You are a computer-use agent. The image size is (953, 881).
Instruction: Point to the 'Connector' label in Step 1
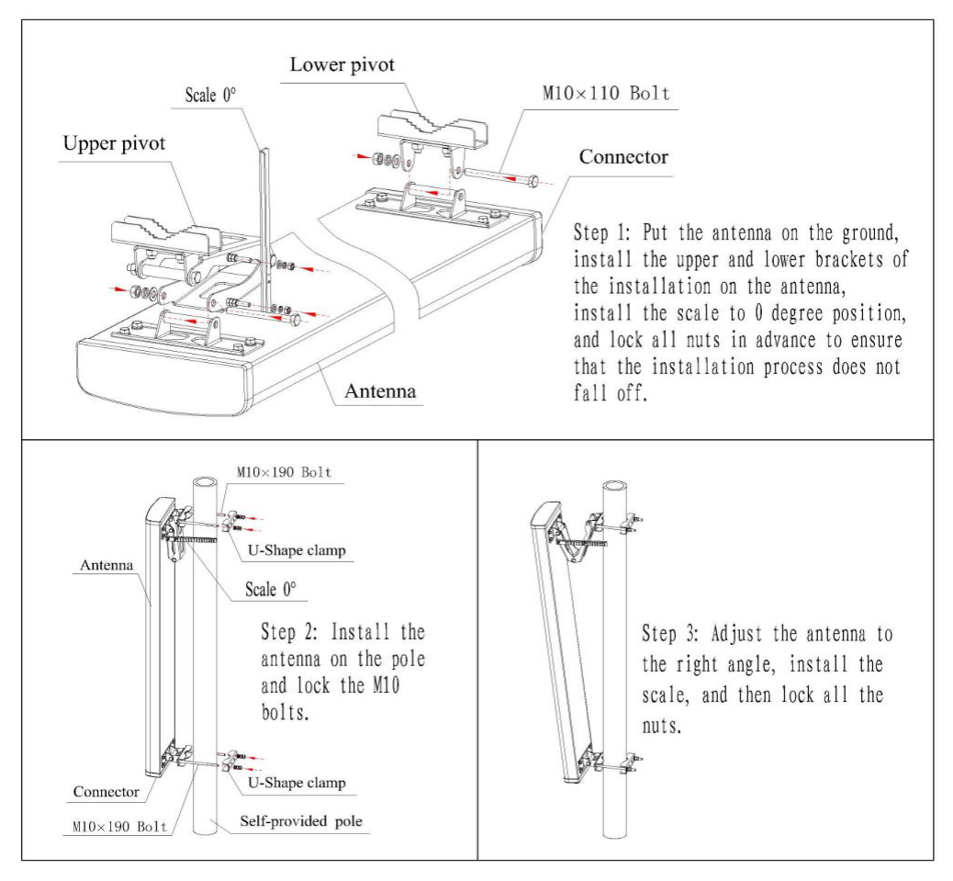coord(623,156)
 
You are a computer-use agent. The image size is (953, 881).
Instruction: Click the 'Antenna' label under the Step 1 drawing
coord(380,391)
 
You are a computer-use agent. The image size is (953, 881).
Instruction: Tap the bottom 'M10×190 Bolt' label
coord(120,826)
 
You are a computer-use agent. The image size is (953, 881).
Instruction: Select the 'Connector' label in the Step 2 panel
coord(107,790)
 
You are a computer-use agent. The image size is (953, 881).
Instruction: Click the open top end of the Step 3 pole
coord(614,486)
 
